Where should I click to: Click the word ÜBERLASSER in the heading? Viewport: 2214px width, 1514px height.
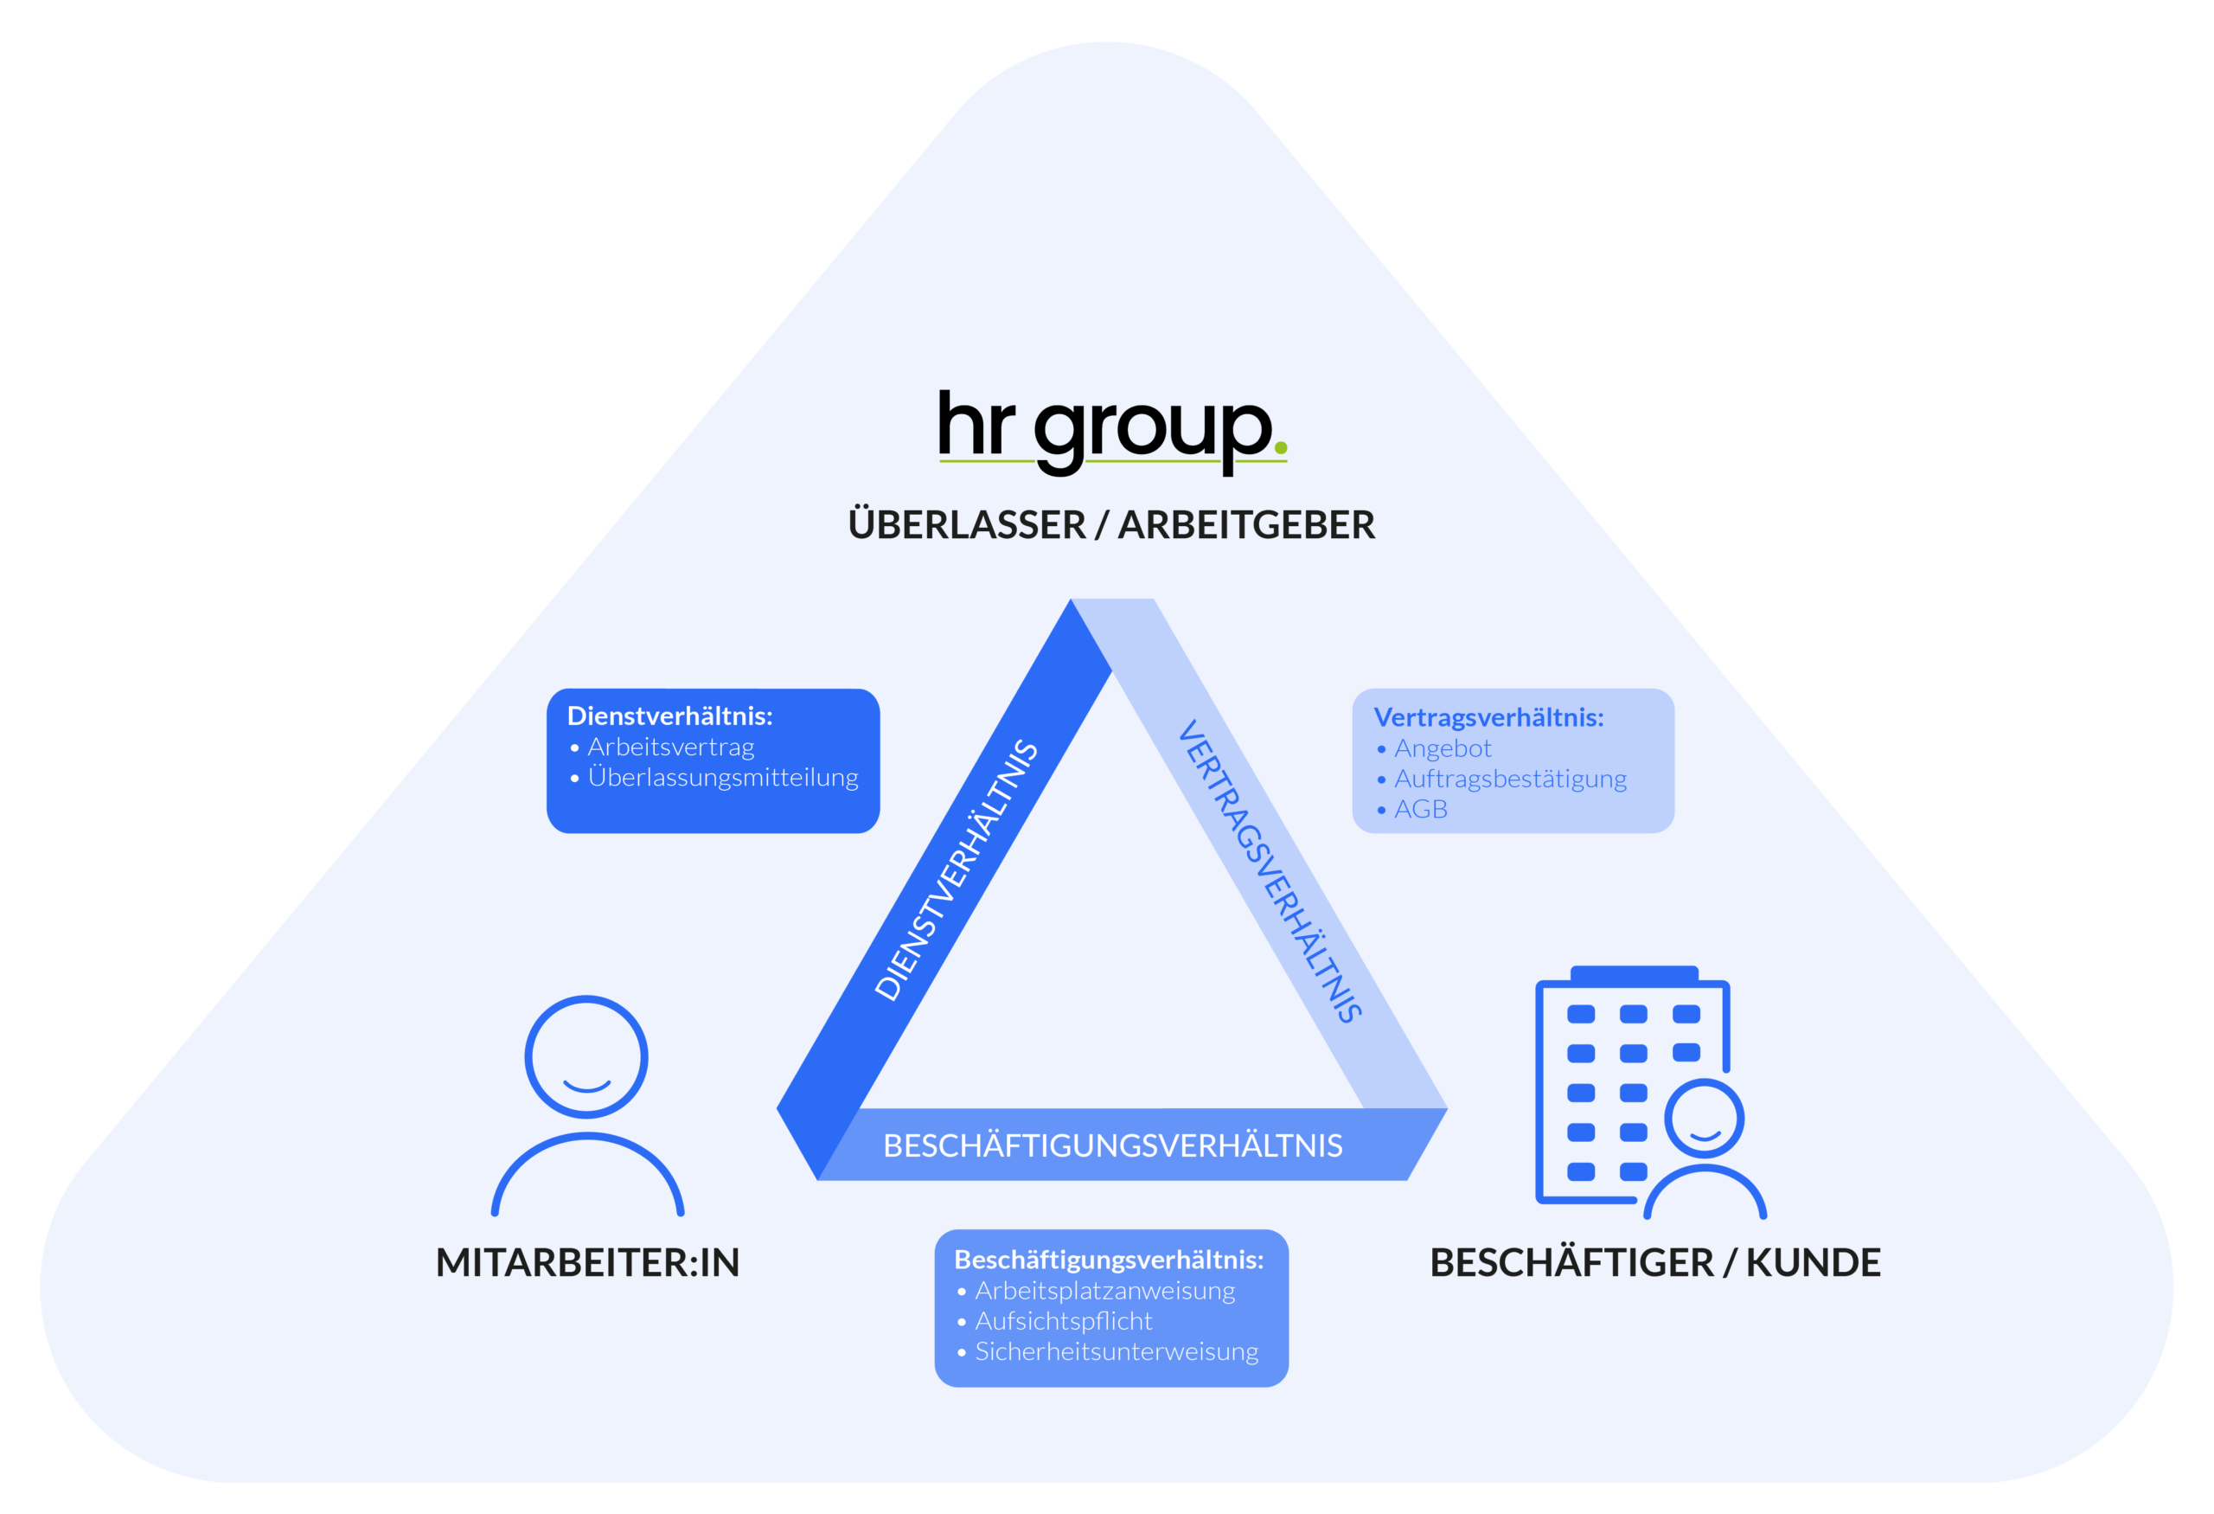[966, 525]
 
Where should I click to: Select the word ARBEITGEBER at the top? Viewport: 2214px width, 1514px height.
[1246, 525]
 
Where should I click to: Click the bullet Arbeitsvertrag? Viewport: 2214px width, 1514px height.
[670, 747]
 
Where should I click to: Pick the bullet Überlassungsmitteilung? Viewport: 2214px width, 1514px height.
[722, 778]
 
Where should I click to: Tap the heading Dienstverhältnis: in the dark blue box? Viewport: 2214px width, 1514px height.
[669, 715]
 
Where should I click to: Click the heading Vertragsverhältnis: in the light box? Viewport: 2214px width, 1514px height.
[1488, 717]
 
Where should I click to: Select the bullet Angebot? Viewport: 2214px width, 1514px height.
[1443, 749]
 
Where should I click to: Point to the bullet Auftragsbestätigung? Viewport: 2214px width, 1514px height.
[1510, 779]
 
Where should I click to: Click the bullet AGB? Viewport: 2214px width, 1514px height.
[1420, 810]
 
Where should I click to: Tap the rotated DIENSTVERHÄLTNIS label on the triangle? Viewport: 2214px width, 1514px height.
[956, 870]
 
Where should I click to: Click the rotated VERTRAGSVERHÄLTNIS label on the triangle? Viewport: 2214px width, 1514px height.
[1270, 871]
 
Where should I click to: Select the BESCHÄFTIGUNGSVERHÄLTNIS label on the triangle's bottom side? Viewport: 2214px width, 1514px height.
[1112, 1145]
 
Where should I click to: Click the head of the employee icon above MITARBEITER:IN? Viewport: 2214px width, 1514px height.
[585, 1056]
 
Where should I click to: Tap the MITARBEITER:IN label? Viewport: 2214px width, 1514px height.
[587, 1262]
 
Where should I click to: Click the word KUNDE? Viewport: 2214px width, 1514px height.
[1813, 1262]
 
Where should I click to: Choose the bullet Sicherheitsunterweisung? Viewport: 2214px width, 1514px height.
[1116, 1352]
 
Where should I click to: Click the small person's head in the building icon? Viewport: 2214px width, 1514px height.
[1704, 1119]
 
